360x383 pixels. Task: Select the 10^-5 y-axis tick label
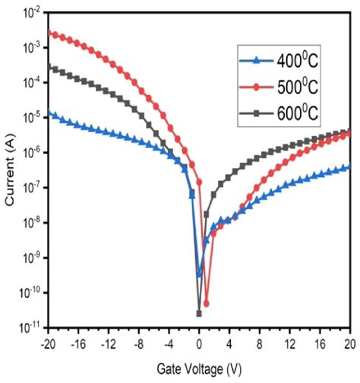[29, 118]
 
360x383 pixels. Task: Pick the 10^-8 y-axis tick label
[29, 223]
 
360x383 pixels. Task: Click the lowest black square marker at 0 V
[199, 313]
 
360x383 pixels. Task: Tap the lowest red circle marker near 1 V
[207, 303]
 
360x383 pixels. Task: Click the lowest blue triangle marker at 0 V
[199, 274]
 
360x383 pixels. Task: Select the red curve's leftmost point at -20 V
[48, 32]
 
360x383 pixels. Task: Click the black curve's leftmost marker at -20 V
[48, 66]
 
